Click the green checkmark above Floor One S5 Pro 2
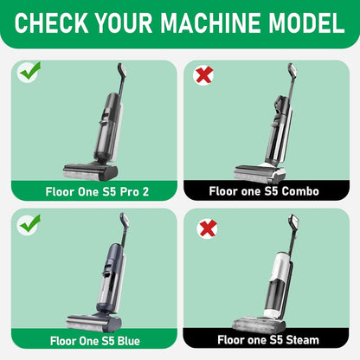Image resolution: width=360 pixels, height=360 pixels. pyautogui.click(x=29, y=73)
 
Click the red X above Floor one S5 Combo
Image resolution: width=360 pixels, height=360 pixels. pyautogui.click(x=204, y=76)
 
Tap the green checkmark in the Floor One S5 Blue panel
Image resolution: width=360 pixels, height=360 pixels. pyautogui.click(x=29, y=223)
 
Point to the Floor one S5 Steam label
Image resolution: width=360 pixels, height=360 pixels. pyautogui.click(x=268, y=341)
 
